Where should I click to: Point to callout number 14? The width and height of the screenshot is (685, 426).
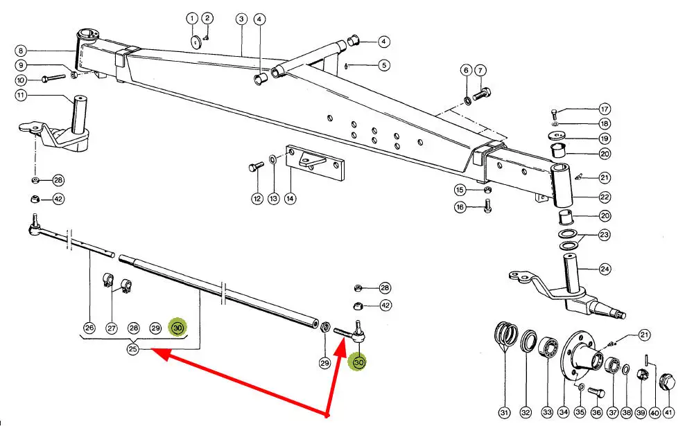pos(290,199)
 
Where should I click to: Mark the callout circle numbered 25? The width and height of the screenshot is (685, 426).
pos(133,350)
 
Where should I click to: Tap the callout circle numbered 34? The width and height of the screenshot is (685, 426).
pos(562,412)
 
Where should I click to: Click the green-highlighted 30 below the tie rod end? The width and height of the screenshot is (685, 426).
pos(358,362)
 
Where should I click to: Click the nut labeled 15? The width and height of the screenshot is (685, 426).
pos(487,189)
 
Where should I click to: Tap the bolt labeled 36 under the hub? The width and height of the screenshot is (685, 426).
pos(594,392)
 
